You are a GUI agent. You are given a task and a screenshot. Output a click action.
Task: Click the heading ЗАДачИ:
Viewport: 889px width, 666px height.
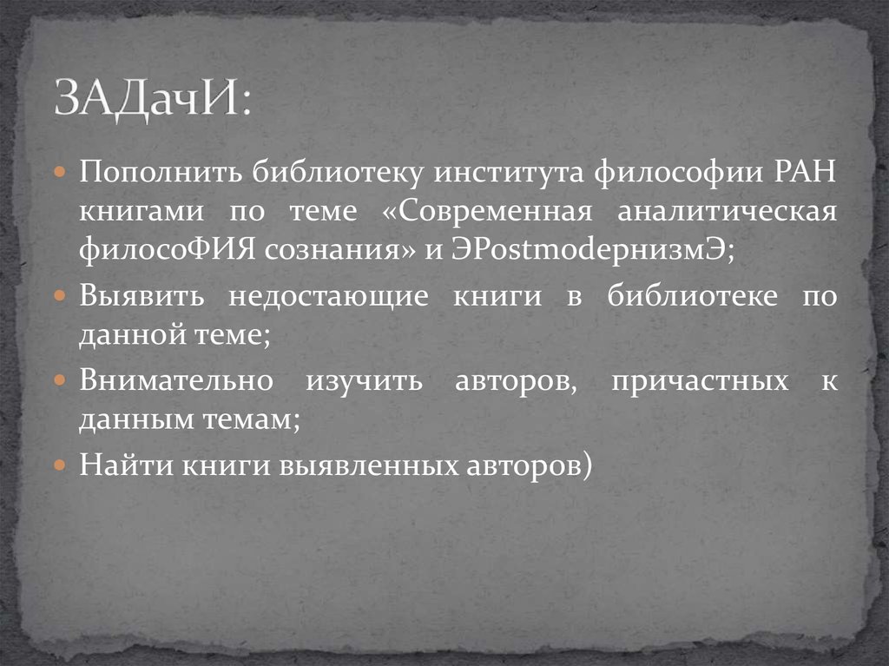[150, 100]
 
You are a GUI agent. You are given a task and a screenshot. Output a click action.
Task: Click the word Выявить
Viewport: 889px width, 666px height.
[142, 296]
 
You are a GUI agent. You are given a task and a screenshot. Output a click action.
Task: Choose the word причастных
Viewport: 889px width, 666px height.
[700, 380]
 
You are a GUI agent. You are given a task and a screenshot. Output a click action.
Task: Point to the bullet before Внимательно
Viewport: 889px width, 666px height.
[60, 381]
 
